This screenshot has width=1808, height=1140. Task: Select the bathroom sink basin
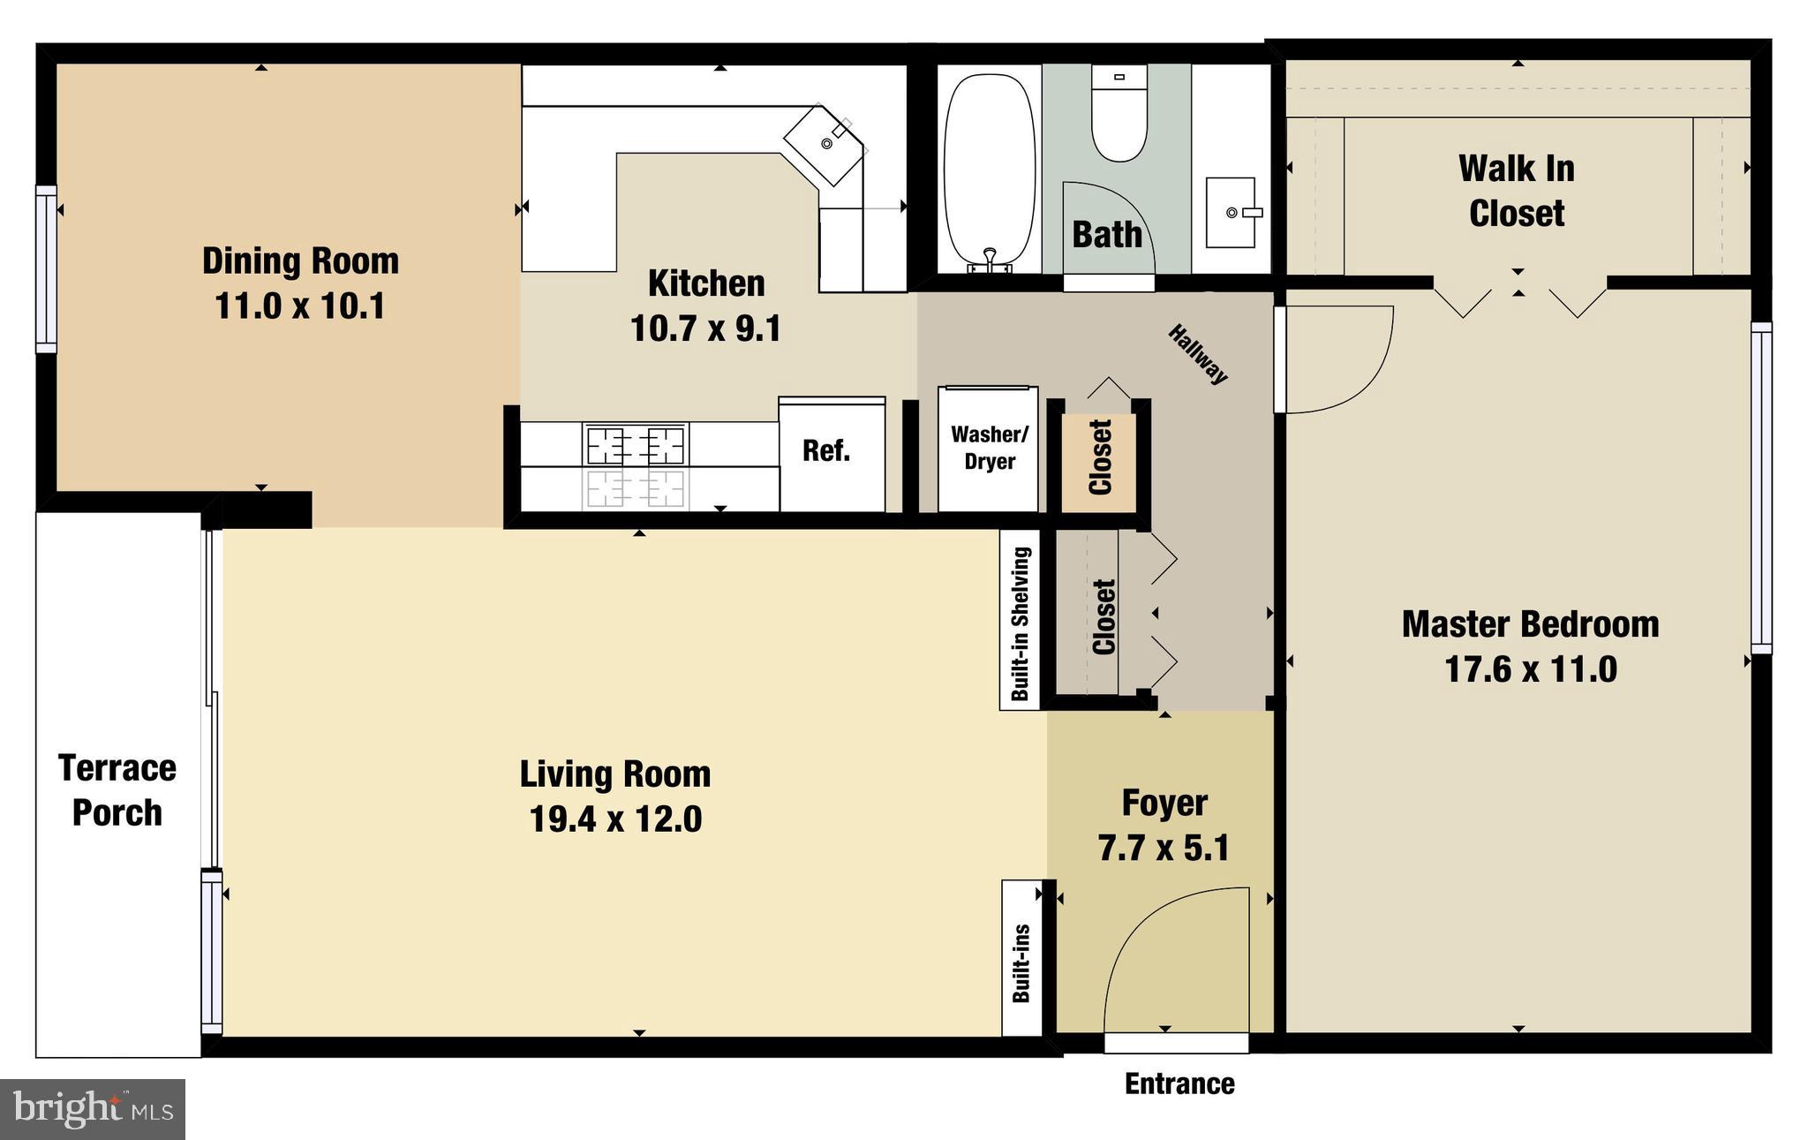[x=1231, y=213]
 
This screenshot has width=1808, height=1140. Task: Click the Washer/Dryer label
[x=989, y=448]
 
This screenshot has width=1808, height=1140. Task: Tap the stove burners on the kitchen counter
[x=636, y=445]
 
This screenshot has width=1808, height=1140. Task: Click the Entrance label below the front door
[x=1179, y=1084]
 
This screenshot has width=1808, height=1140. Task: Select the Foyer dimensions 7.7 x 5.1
[x=1164, y=849]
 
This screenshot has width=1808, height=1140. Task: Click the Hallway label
[x=1198, y=354]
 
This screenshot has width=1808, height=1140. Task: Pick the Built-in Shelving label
[x=1021, y=623]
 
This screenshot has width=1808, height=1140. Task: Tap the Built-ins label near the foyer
[x=1021, y=963]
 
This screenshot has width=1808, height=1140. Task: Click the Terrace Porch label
[x=117, y=790]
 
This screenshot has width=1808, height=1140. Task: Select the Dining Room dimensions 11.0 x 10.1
[x=300, y=306]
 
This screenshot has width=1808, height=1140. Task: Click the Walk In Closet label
[x=1516, y=191]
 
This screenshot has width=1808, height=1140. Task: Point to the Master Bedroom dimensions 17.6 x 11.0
[x=1530, y=669]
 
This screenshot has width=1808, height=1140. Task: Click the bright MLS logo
[x=92, y=1109]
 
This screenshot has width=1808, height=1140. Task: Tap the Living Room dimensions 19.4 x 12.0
[x=615, y=819]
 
